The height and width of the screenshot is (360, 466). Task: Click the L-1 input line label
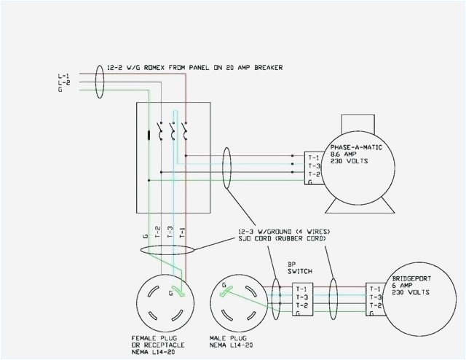tap(63, 76)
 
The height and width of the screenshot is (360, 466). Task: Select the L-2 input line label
tap(63, 83)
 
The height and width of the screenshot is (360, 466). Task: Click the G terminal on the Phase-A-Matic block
tap(311, 183)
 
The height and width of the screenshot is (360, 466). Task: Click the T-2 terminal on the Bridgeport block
tap(375, 305)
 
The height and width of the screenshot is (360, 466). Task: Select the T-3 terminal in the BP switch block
tap(301, 297)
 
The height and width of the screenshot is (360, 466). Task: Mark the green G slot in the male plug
tap(227, 289)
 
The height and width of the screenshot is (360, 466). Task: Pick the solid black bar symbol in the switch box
tap(150, 134)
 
